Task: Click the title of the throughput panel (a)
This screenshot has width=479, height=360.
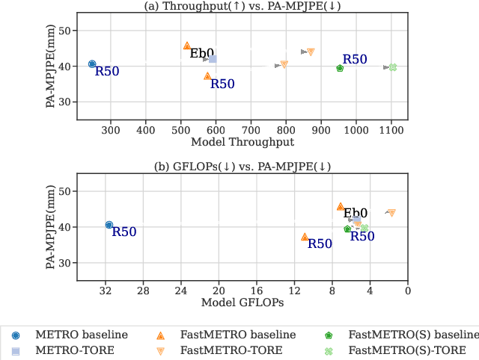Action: click(242, 7)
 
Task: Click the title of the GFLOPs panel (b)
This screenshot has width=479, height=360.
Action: click(242, 167)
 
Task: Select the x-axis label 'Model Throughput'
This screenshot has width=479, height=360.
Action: click(242, 142)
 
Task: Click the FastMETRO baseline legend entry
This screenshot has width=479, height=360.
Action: click(228, 335)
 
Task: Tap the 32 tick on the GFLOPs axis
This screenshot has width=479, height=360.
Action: click(106, 291)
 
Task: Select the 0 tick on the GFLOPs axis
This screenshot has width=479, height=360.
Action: click(407, 291)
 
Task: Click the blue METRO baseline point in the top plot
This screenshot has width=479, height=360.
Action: click(92, 64)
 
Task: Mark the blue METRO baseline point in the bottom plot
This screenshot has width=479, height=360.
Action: click(109, 225)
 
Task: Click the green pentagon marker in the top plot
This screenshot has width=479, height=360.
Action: click(340, 68)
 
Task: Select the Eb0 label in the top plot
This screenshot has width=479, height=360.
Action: click(201, 53)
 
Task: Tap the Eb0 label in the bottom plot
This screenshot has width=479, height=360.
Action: click(356, 214)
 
